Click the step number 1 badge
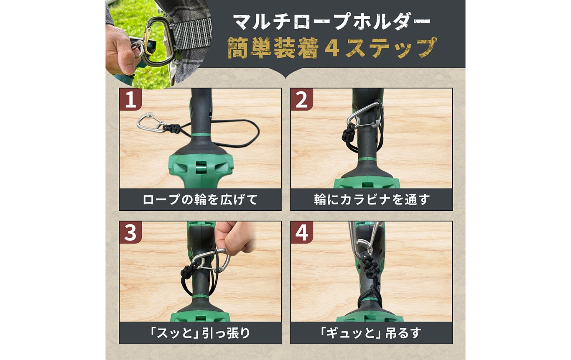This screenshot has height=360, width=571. click(130, 100)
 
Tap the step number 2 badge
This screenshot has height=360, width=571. click(302, 100)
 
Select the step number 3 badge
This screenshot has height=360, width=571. click(130, 232)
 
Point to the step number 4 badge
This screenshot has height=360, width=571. click(302, 232)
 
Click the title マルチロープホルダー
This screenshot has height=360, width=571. click(332, 22)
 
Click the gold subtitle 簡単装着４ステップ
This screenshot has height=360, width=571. click(332, 48)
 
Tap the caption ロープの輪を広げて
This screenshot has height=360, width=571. click(200, 199)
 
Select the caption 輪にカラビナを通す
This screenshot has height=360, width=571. click(372, 199)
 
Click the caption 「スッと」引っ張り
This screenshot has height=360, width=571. click(200, 333)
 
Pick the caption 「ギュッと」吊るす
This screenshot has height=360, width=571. click(372, 333)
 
